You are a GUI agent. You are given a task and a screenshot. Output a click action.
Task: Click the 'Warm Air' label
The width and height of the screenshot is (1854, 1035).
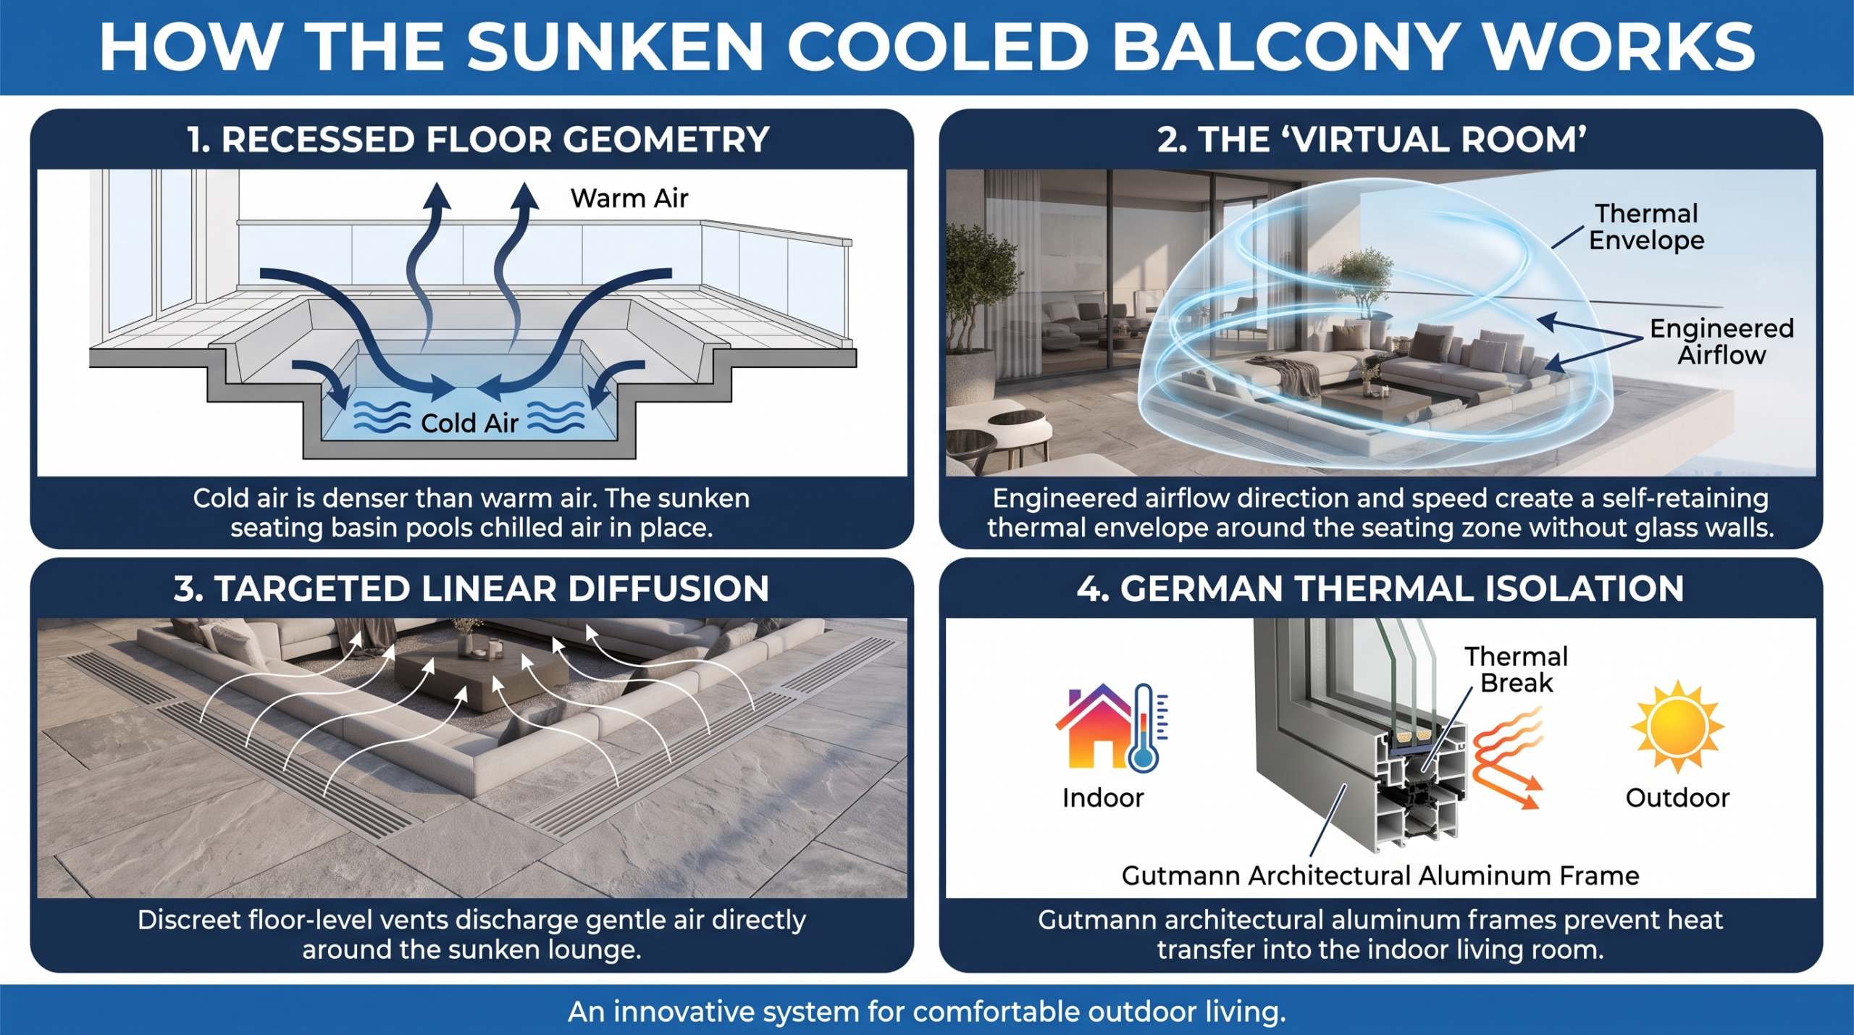click(x=629, y=198)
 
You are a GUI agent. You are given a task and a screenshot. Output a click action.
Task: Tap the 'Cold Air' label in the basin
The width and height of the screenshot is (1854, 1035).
click(x=469, y=422)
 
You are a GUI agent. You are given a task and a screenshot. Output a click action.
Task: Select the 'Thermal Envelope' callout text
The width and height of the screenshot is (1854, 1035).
click(x=1646, y=227)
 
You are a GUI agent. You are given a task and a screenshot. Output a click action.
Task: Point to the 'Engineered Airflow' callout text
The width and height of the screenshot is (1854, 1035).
click(x=1721, y=341)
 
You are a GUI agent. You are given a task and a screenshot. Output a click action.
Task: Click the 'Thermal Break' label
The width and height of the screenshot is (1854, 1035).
click(x=1517, y=669)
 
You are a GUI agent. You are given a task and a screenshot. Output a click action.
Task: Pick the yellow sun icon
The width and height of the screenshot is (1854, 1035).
click(x=1677, y=726)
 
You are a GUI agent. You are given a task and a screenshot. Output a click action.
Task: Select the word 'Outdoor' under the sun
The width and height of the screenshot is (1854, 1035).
click(x=1677, y=797)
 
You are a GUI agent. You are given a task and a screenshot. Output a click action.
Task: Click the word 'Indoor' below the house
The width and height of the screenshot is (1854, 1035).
click(x=1103, y=797)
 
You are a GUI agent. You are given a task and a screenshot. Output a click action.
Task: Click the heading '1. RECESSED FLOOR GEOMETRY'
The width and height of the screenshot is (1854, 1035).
click(x=478, y=139)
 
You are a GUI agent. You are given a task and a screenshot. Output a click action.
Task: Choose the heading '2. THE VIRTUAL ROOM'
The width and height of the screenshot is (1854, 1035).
click(x=1372, y=139)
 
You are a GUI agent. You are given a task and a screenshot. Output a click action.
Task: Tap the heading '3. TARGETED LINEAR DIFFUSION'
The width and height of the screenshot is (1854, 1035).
click(x=471, y=588)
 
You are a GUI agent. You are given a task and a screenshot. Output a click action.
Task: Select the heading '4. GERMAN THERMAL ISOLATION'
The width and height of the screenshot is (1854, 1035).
click(x=1380, y=588)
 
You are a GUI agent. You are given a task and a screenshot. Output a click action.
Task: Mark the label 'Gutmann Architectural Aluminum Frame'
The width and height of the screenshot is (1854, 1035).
click(x=1380, y=876)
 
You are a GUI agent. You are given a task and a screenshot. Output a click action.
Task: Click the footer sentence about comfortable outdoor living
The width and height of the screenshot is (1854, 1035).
click(x=927, y=1011)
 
